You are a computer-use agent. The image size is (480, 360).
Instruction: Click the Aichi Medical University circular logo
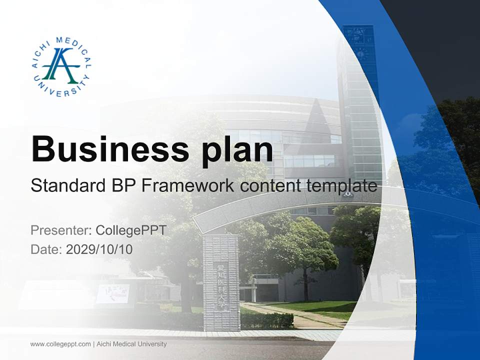tap(61, 66)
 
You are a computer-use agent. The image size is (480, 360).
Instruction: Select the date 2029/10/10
tap(99, 249)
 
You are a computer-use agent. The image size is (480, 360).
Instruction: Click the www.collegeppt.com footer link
tap(60, 344)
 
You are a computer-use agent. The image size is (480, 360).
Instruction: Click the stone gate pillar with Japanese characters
tap(221, 282)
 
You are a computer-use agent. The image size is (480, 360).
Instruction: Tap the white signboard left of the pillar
tap(112, 293)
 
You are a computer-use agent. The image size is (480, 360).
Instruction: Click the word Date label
tap(46, 249)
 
